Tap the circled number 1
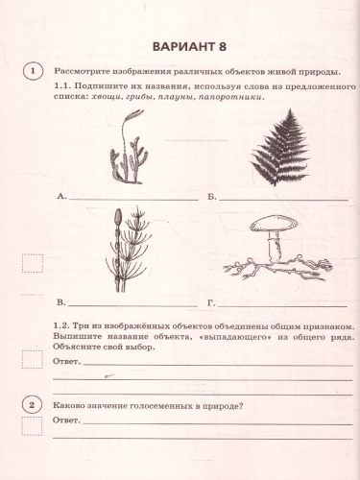34,72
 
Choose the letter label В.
60,301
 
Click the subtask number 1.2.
62,325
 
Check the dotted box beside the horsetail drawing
34,263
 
